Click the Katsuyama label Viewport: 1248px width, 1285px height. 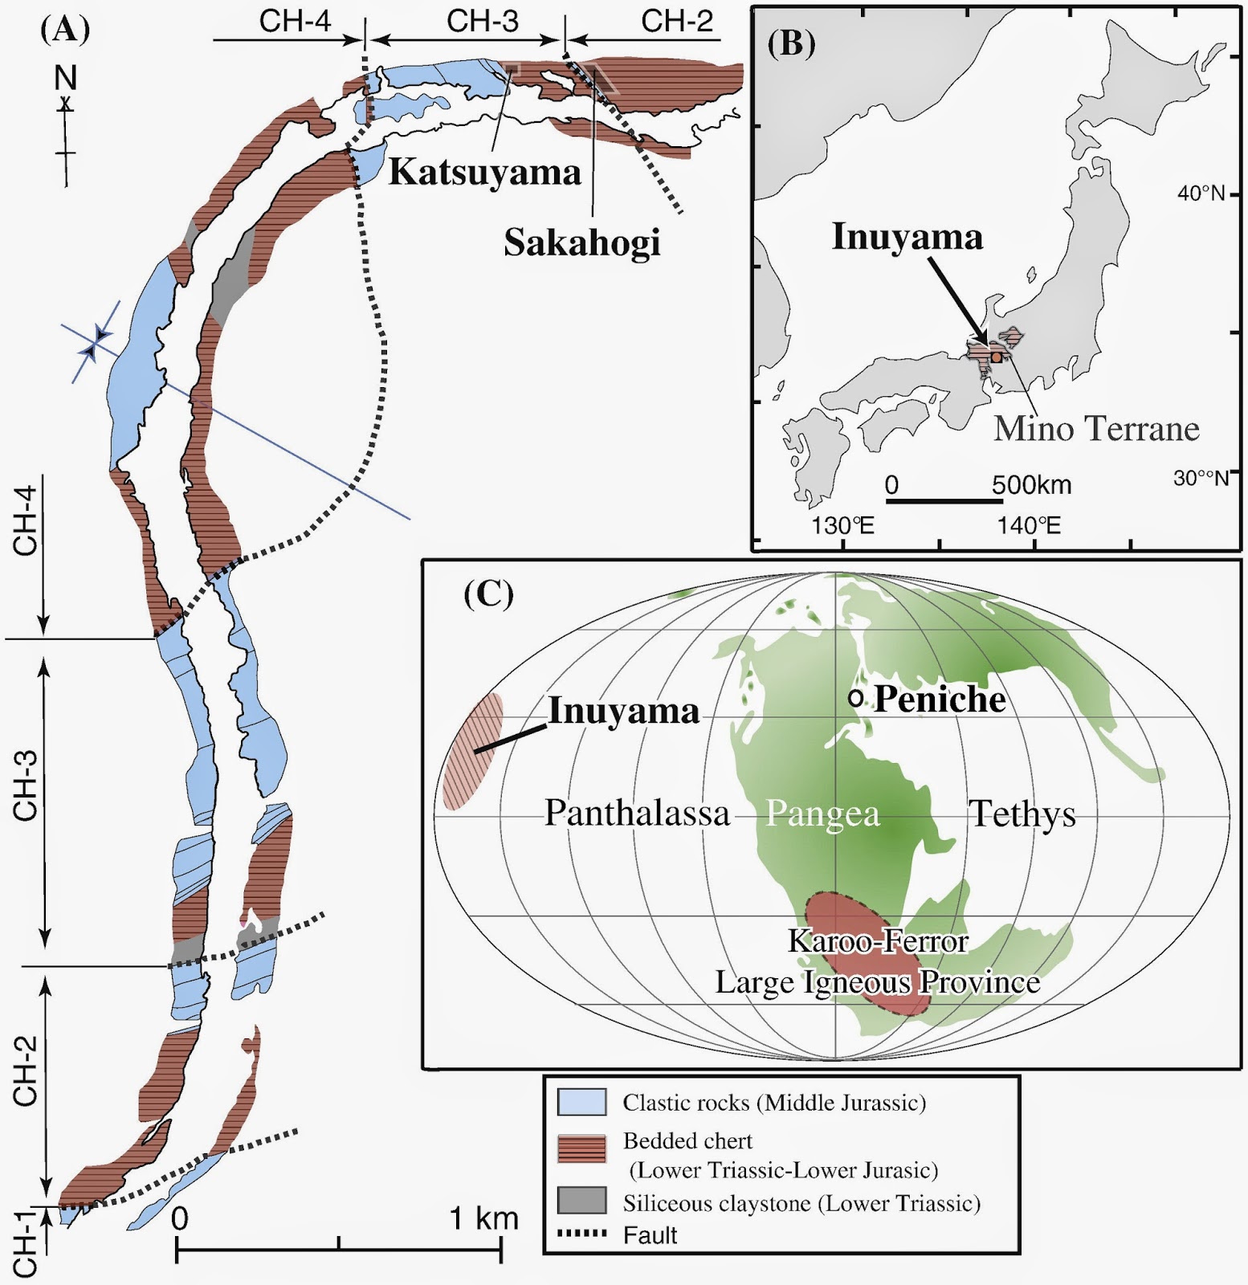[484, 173]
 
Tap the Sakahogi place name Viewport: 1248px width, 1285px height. [582, 243]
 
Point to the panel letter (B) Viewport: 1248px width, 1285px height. [791, 43]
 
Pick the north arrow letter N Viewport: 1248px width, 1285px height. [65, 78]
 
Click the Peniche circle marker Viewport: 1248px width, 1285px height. [856, 699]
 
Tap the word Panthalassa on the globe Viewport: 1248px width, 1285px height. [638, 814]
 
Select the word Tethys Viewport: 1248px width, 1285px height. [1022, 814]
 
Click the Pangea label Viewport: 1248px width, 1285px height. [822, 814]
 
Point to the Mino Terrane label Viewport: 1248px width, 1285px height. [1096, 429]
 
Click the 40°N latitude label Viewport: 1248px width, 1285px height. [1201, 194]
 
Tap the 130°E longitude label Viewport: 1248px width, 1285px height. [842, 526]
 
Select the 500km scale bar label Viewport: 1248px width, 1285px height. [1031, 485]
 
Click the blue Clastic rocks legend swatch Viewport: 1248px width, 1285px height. [581, 1102]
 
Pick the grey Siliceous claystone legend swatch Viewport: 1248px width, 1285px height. [581, 1201]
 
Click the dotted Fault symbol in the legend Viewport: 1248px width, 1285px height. [581, 1234]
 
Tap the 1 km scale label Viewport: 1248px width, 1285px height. [483, 1218]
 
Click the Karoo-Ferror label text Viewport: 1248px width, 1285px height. [878, 941]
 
